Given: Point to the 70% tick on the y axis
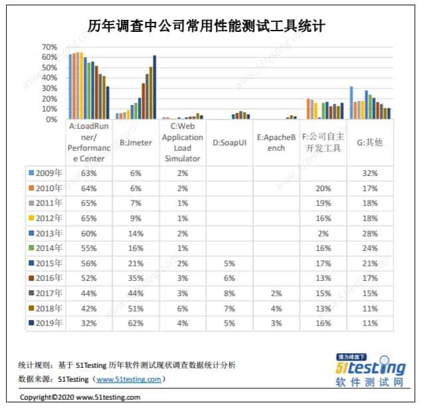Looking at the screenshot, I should point(49,47).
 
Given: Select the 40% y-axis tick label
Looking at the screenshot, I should point(49,78).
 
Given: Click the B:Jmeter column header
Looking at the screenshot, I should point(135,142).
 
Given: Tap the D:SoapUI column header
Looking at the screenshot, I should point(229,142).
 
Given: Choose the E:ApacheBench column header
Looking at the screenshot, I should point(276,143).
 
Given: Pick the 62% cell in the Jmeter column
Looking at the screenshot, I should point(135,323).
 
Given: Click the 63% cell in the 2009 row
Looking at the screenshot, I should point(89,173).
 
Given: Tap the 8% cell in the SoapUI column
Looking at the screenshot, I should point(229,293).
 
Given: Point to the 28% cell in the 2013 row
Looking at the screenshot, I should point(371,233).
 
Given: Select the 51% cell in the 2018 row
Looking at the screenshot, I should point(135,308).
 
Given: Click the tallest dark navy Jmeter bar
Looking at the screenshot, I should point(155,87).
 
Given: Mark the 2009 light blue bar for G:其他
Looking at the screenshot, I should point(351,102).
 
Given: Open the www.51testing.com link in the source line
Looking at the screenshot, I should point(129,379).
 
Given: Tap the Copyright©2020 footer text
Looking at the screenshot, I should point(80,397).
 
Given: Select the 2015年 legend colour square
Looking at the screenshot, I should point(31,264).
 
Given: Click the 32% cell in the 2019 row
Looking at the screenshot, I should point(89,323).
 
